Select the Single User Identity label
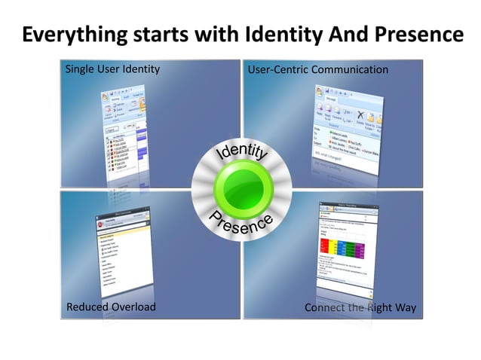click(112, 69)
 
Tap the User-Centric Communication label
click(318, 70)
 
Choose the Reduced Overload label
click(111, 307)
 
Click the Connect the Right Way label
click(360, 307)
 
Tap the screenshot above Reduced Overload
click(124, 249)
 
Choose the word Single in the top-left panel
click(79, 69)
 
